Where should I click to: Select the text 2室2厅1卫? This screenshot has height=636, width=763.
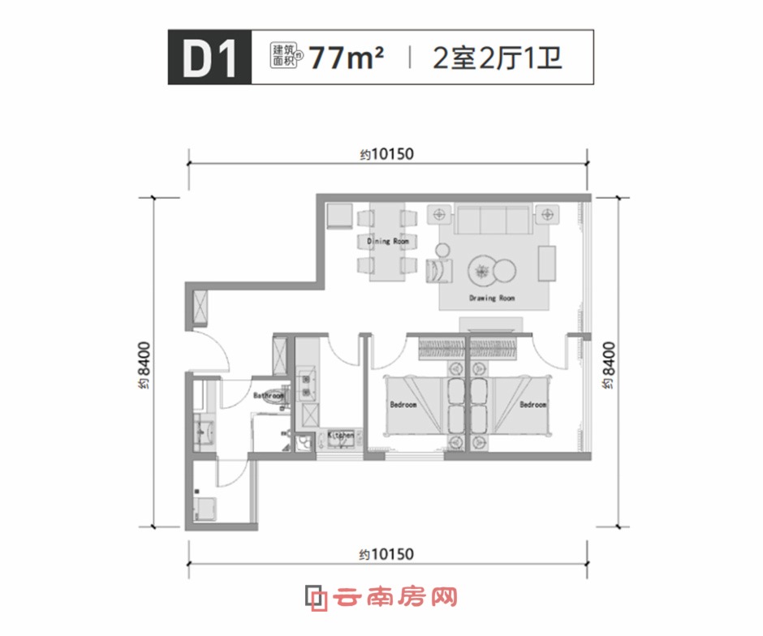coord(498,58)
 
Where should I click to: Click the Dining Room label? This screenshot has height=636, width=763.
coord(388,241)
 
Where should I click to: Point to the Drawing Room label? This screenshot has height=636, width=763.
coord(492,299)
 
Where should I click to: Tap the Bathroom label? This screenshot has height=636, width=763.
coord(268,396)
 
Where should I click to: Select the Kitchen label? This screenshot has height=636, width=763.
coord(341,436)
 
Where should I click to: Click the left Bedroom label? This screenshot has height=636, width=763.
coord(403,405)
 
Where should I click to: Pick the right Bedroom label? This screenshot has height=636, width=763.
coord(533,405)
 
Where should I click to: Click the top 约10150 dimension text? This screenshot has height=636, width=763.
coord(387,155)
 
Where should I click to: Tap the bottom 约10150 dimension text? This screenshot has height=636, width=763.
coord(387,555)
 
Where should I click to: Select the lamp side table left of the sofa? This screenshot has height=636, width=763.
coord(441,215)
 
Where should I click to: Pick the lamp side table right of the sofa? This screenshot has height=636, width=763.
coord(546,215)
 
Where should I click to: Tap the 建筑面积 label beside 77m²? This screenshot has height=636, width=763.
coord(287,58)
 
